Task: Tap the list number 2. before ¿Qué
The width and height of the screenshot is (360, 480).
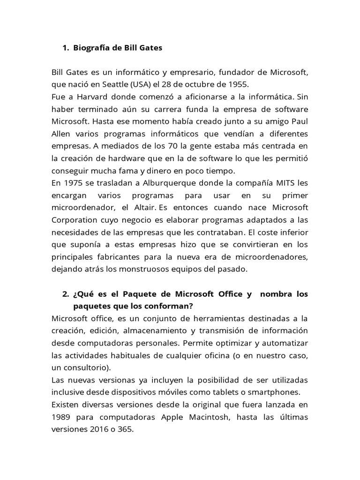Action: (66, 294)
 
